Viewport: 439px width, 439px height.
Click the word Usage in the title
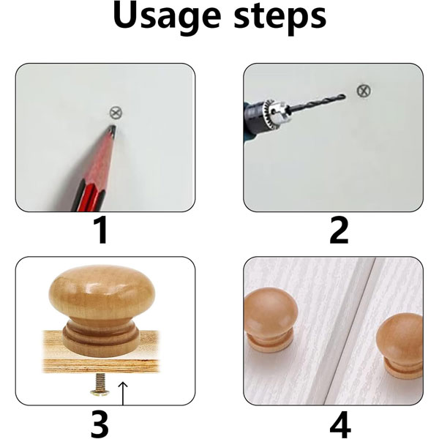pyautogui.click(x=167, y=18)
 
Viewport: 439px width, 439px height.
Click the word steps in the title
pyautogui.click(x=280, y=19)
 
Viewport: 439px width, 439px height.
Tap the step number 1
pyautogui.click(x=101, y=230)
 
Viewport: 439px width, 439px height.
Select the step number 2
pyautogui.click(x=339, y=230)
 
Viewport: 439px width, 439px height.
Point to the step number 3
pyautogui.click(x=100, y=424)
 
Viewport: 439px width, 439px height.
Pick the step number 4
pyautogui.click(x=340, y=424)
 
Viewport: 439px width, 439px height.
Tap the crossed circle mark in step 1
pyautogui.click(x=116, y=113)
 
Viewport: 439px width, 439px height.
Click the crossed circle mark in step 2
pyautogui.click(x=364, y=91)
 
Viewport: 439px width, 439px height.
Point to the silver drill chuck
pyautogui.click(x=276, y=110)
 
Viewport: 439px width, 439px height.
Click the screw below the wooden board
pyautogui.click(x=100, y=384)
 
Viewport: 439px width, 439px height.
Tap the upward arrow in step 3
pyautogui.click(x=123, y=393)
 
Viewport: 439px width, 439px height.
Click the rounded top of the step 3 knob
pyautogui.click(x=102, y=291)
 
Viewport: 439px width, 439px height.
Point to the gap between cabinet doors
pyautogui.click(x=350, y=331)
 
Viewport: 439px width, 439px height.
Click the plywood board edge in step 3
pyautogui.click(x=101, y=365)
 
